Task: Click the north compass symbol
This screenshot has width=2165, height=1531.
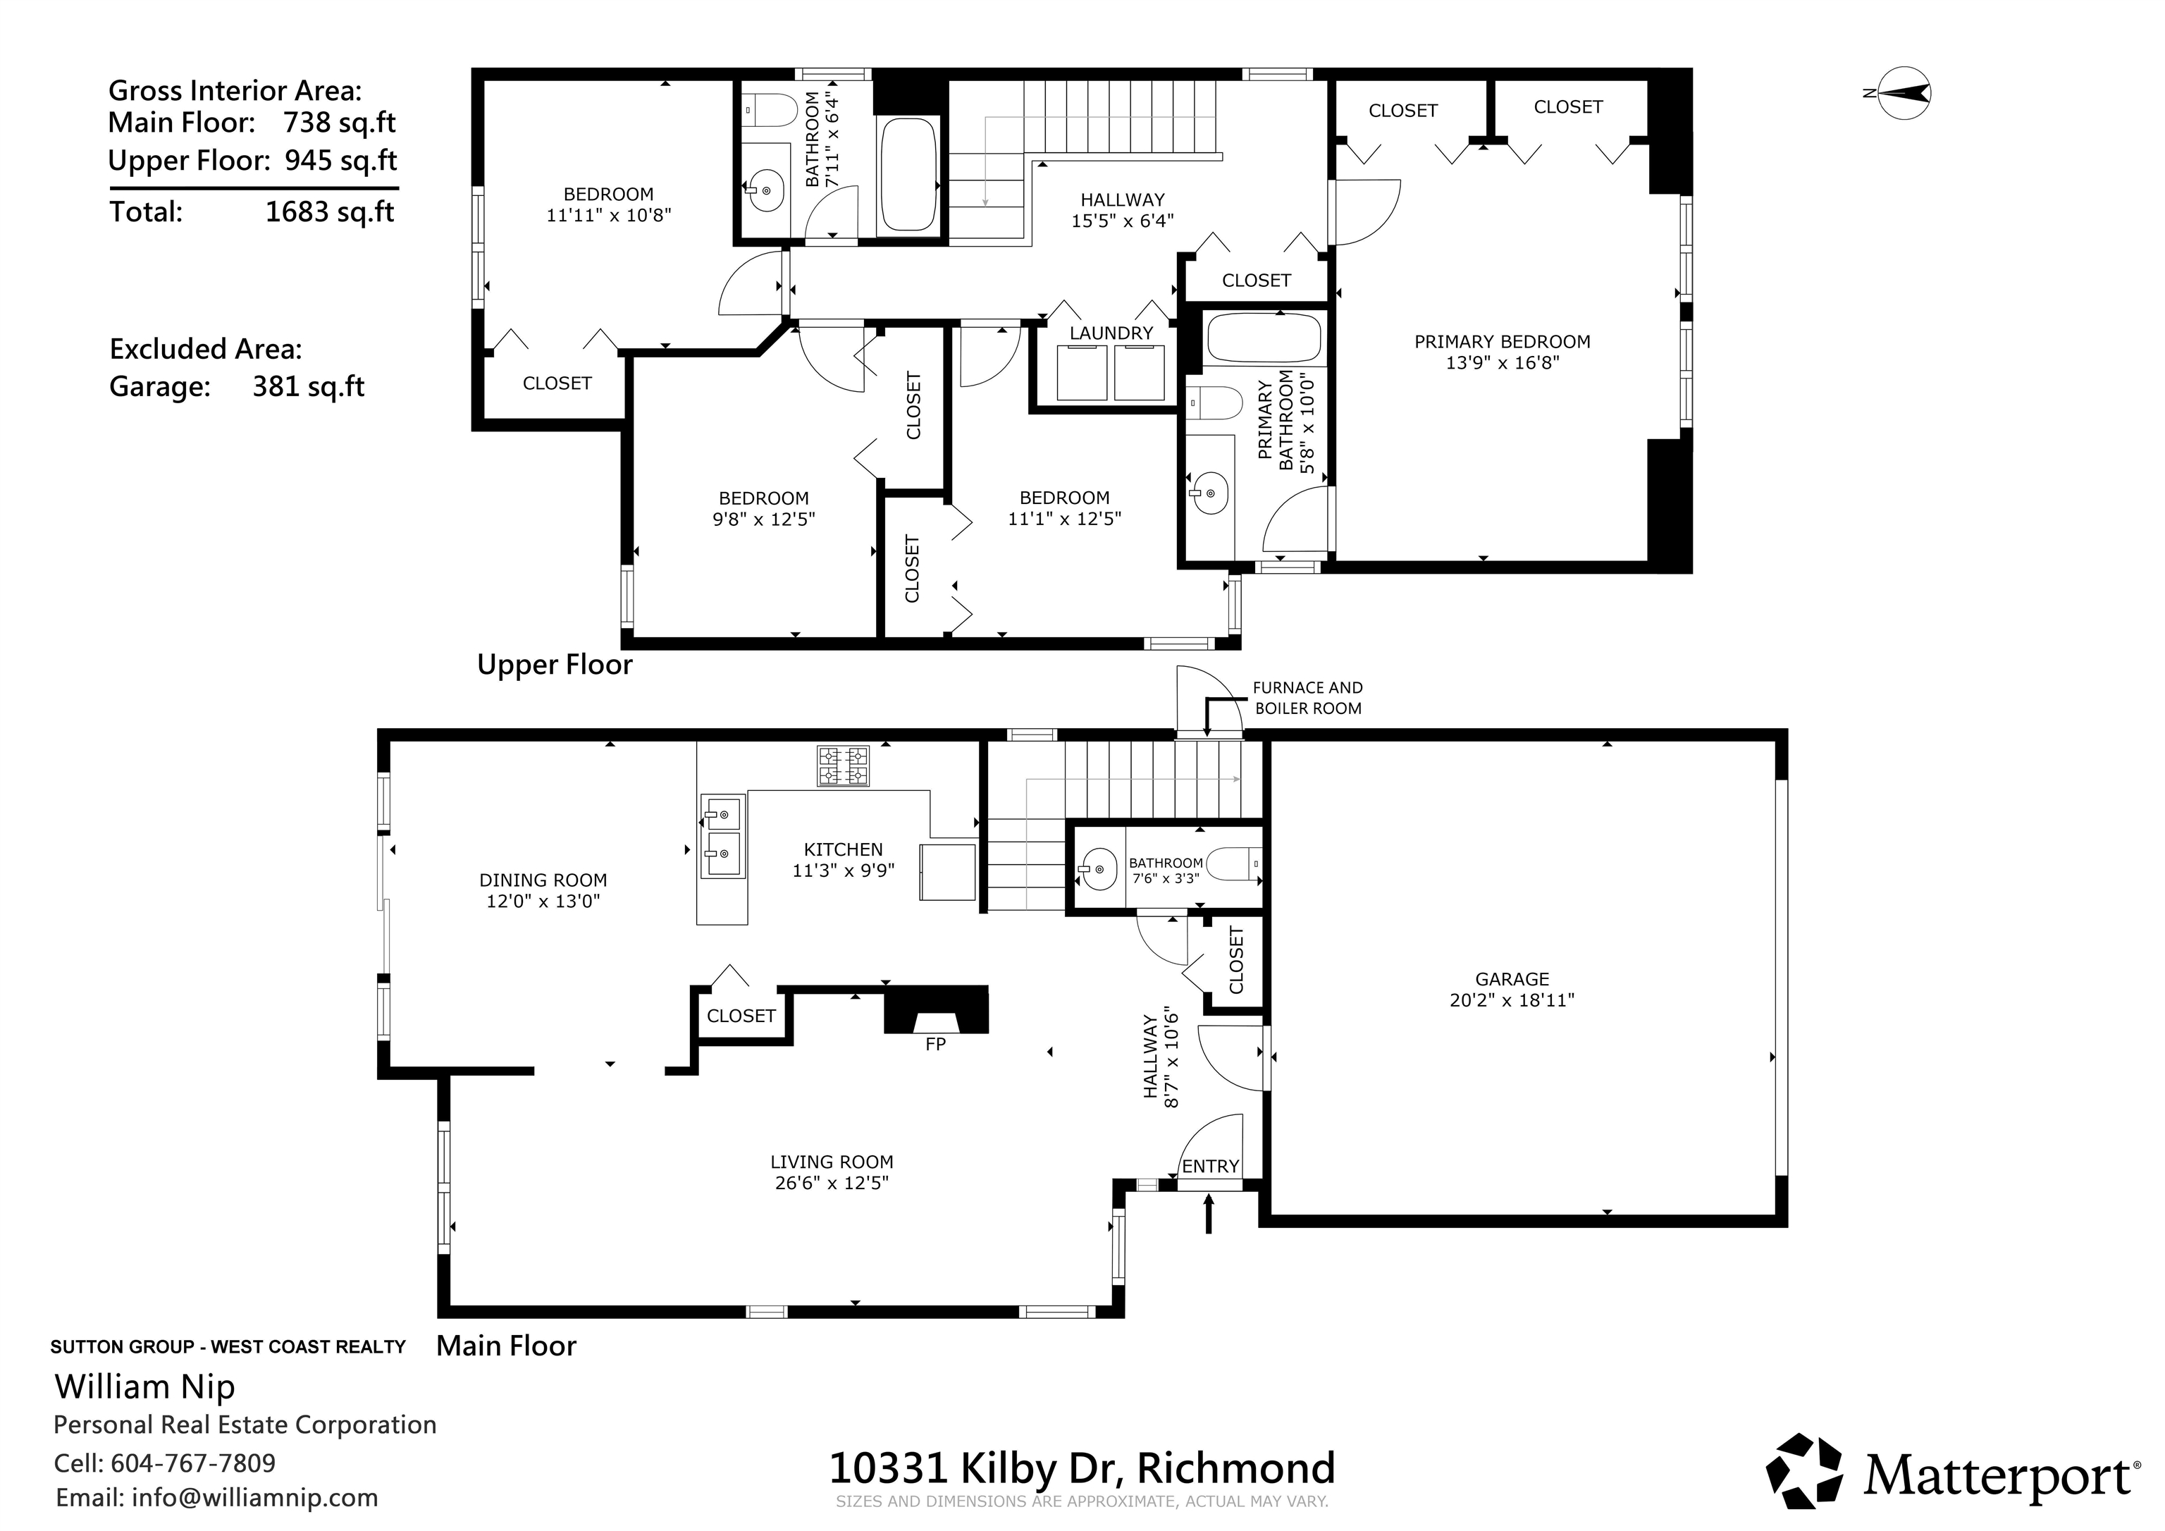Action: click(x=1903, y=92)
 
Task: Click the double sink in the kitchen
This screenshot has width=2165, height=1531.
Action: click(x=722, y=836)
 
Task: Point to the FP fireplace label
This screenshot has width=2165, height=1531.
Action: click(x=935, y=1044)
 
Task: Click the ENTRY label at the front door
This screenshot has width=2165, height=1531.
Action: click(x=1210, y=1167)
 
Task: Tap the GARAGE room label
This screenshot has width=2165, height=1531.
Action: click(x=1512, y=979)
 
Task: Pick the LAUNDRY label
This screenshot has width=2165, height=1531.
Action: click(x=1111, y=333)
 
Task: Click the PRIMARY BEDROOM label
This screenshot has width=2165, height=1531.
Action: click(x=1502, y=341)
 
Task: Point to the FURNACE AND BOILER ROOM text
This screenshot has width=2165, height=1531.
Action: click(x=1308, y=698)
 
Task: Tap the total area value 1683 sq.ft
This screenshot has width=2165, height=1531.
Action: click(x=329, y=211)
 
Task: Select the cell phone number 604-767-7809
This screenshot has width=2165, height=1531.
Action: click(x=193, y=1463)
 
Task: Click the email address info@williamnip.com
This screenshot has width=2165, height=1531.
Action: click(x=254, y=1498)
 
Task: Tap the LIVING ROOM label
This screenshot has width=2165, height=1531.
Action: click(x=832, y=1162)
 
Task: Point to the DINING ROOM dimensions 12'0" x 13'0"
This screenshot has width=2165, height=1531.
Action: click(x=543, y=901)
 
